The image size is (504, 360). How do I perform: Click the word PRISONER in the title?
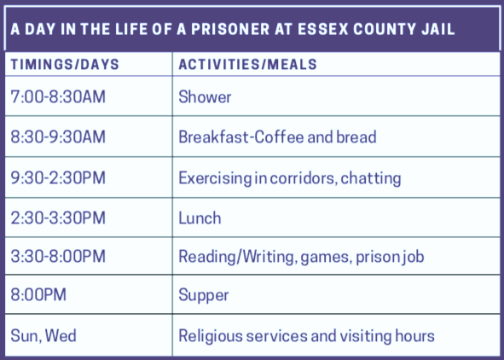coord(230,29)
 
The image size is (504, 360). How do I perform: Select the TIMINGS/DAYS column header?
coord(65,64)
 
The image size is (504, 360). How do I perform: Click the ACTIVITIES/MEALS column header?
coord(248,64)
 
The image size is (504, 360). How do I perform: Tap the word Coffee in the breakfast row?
coord(279,136)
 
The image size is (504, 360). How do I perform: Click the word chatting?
coord(371,178)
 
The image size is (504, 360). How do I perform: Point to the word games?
coord(325,258)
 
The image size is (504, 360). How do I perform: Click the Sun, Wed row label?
coord(43,336)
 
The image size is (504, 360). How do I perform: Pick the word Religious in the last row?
coord(211,336)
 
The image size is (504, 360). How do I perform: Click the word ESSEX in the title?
coord(322,29)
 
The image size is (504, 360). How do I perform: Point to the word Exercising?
coord(215,178)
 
